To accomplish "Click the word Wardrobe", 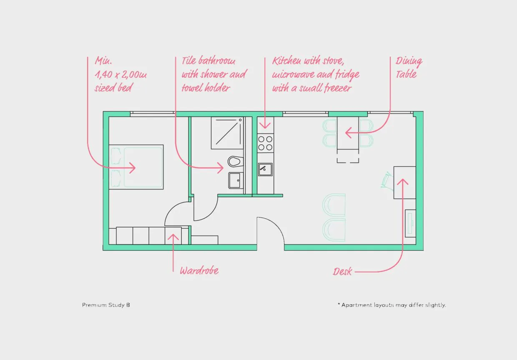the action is pyautogui.click(x=199, y=271).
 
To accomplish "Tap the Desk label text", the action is pyautogui.click(x=342, y=272).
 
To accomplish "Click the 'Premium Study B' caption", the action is pyautogui.click(x=106, y=305).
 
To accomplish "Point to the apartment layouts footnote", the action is pyautogui.click(x=392, y=305).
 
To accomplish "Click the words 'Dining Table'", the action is pyautogui.click(x=409, y=68).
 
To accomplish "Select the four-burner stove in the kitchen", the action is pyautogui.click(x=266, y=143).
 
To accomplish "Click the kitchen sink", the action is pyautogui.click(x=265, y=169).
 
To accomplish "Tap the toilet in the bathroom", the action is pyautogui.click(x=236, y=161).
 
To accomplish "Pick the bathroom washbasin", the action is pyautogui.click(x=236, y=181).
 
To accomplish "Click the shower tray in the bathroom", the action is pyautogui.click(x=227, y=133).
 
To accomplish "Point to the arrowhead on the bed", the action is pyautogui.click(x=133, y=168).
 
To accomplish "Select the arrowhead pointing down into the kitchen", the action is pyautogui.click(x=265, y=126).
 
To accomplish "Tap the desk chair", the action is pyautogui.click(x=387, y=181).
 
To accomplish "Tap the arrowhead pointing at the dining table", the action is pyautogui.click(x=348, y=133).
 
